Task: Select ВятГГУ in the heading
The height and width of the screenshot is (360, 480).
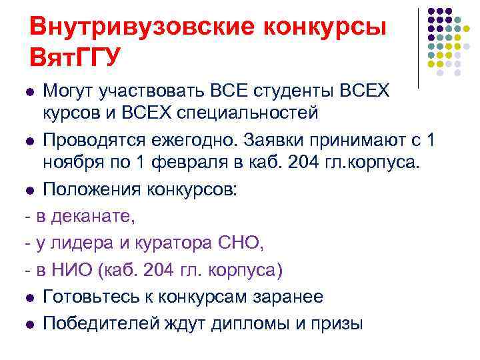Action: (x=75, y=57)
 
